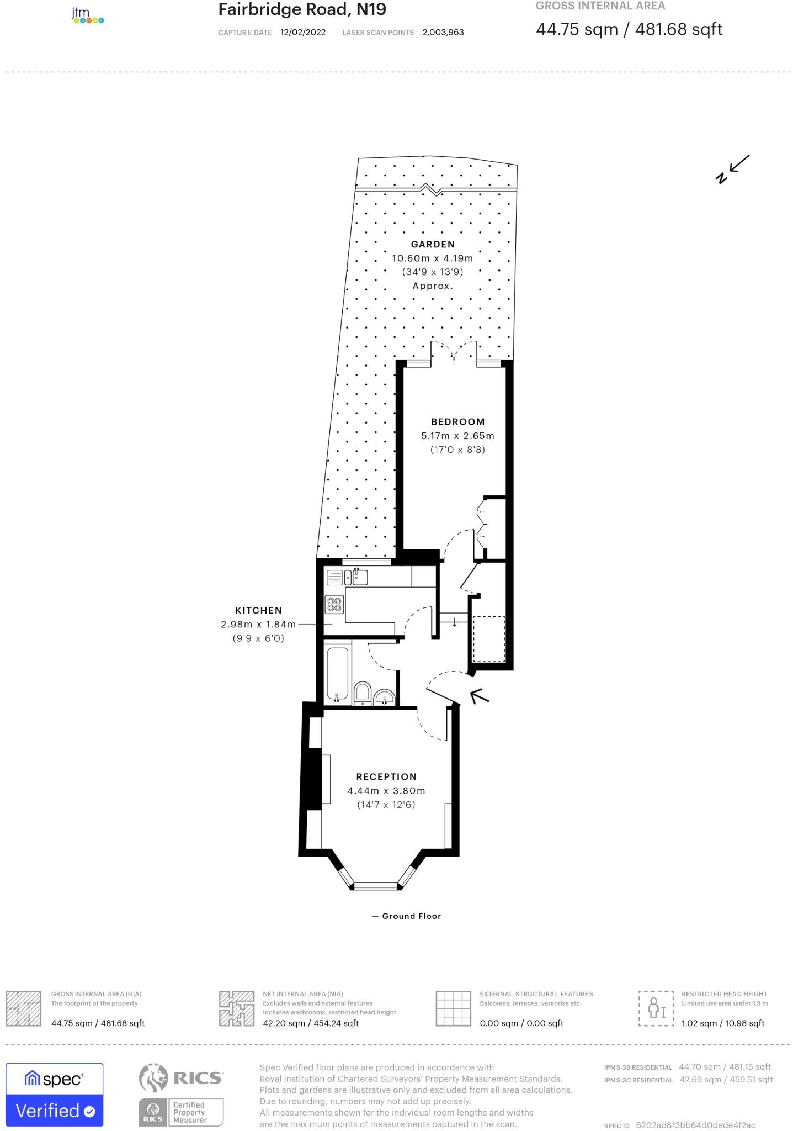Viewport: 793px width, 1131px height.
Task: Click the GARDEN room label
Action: pyautogui.click(x=433, y=244)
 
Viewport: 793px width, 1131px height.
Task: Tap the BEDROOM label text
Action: pyautogui.click(x=457, y=422)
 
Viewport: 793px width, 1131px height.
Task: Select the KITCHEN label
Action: pyautogui.click(x=258, y=610)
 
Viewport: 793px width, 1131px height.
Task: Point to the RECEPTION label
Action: pyautogui.click(x=386, y=776)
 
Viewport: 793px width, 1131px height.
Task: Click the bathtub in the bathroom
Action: pyautogui.click(x=337, y=674)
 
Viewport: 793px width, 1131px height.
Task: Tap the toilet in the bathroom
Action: pyautogui.click(x=362, y=693)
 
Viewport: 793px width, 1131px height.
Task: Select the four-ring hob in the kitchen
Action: pyautogui.click(x=334, y=604)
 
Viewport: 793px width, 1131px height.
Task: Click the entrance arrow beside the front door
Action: pyautogui.click(x=478, y=695)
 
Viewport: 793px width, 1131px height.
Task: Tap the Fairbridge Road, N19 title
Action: pyautogui.click(x=302, y=9)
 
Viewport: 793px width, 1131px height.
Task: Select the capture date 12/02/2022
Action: pyautogui.click(x=303, y=33)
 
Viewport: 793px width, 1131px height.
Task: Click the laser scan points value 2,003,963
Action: pyautogui.click(x=443, y=33)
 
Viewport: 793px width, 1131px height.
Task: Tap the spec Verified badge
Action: pyautogui.click(x=55, y=1094)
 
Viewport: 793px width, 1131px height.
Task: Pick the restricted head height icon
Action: pyautogui.click(x=656, y=1008)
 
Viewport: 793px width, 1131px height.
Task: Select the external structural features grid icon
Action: pyautogui.click(x=453, y=1008)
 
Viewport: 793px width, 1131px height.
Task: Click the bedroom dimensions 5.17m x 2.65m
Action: pyautogui.click(x=457, y=436)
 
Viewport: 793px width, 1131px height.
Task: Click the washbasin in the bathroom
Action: pyautogui.click(x=384, y=697)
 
